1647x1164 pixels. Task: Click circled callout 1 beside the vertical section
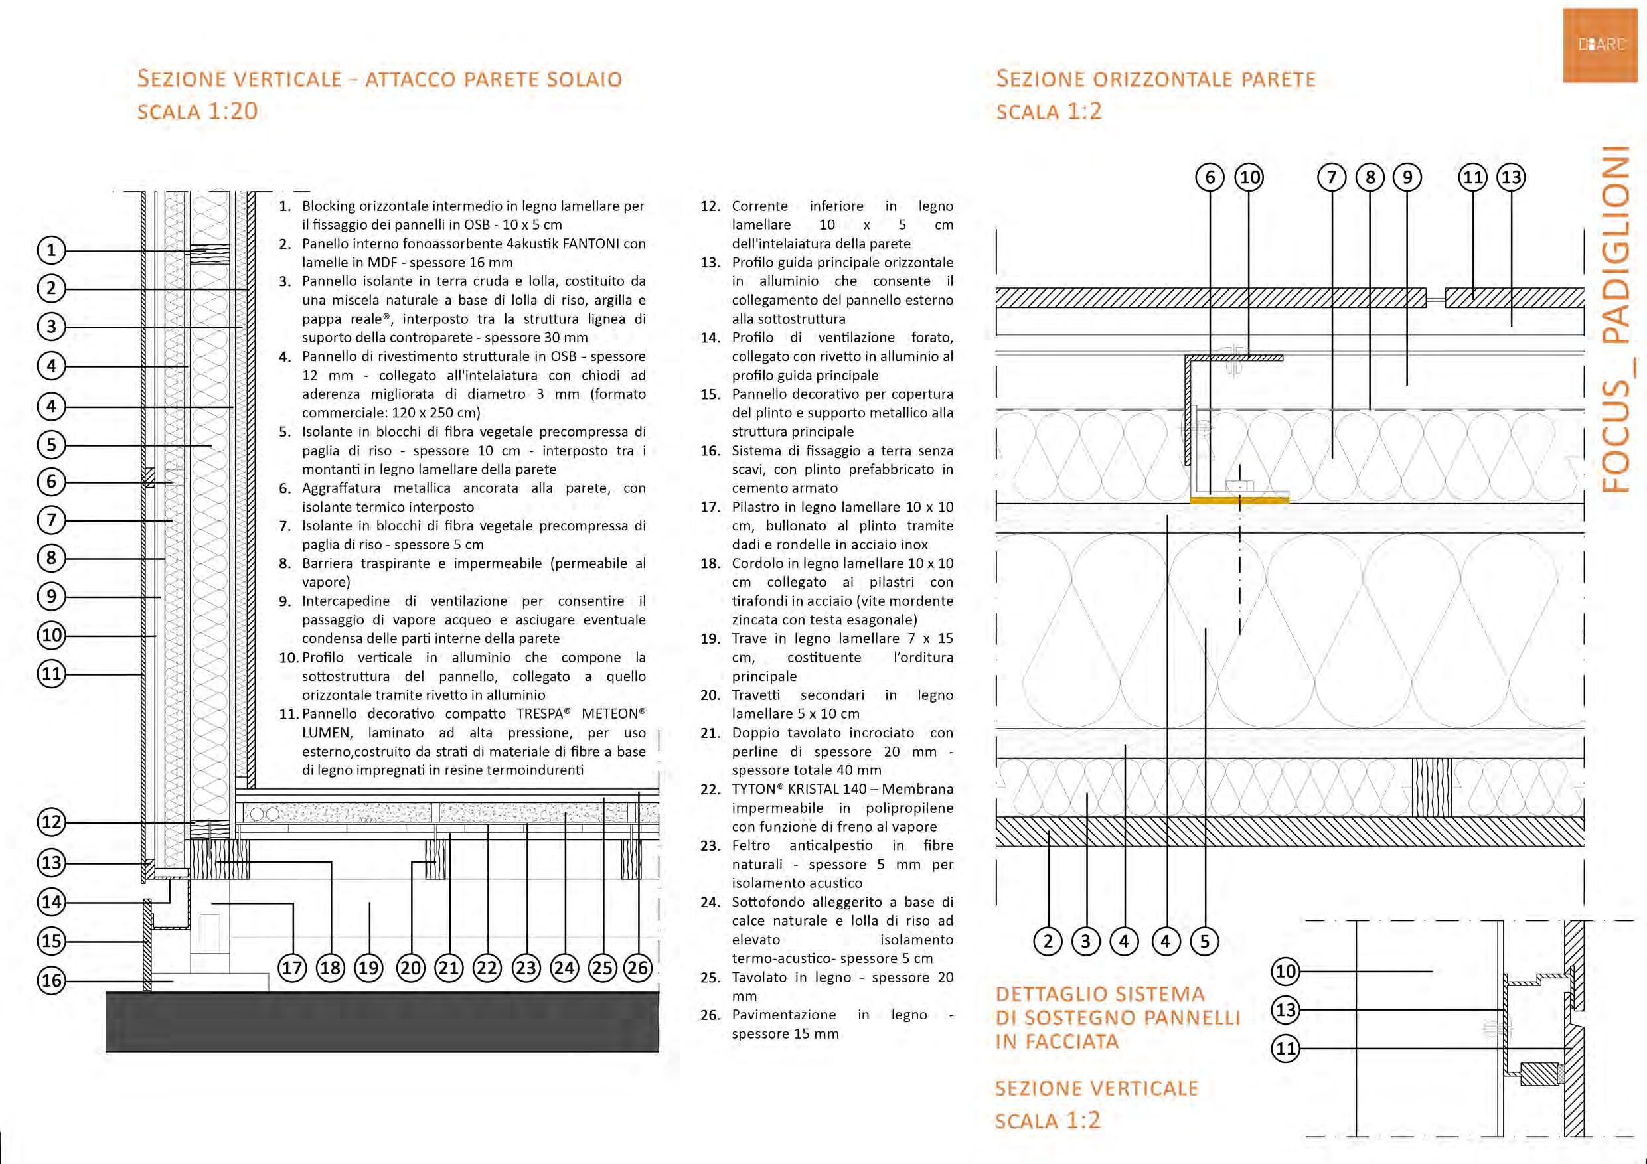[x=51, y=250]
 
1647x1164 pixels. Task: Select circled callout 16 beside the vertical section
[x=51, y=980]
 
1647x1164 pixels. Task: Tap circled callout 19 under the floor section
[x=368, y=968]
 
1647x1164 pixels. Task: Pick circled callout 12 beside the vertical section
[x=51, y=822]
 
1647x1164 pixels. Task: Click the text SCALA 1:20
[x=197, y=111]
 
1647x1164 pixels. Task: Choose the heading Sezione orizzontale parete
[x=1155, y=79]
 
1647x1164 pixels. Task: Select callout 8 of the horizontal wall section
[x=1370, y=177]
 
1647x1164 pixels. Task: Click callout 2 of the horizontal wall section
[x=1048, y=941]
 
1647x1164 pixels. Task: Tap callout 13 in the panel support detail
[x=1285, y=1011]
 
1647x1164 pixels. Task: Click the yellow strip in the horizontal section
[x=1239, y=499]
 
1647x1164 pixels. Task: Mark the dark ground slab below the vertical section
[x=382, y=1022]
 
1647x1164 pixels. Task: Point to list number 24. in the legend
[x=710, y=903]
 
